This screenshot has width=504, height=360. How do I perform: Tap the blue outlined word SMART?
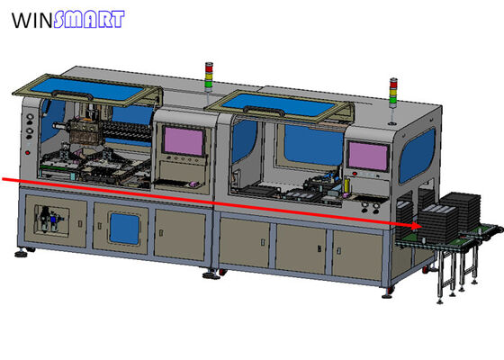tap(88, 20)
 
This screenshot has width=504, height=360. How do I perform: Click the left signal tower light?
tap(210, 76)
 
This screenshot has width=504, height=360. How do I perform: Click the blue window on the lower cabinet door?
tap(120, 225)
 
